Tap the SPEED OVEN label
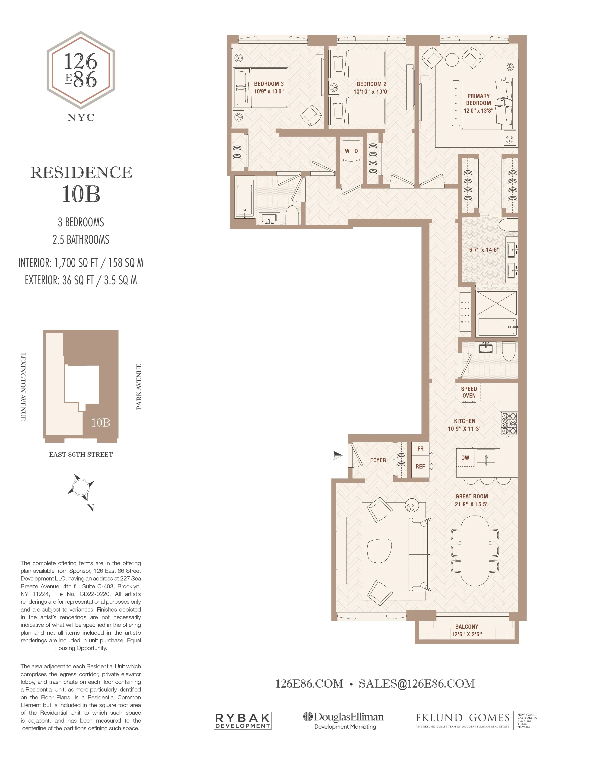pyautogui.click(x=469, y=392)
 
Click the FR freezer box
pyautogui.click(x=420, y=449)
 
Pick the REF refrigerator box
pyautogui.click(x=420, y=467)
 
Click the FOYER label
pyautogui.click(x=378, y=460)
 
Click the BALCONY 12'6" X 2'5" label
pyautogui.click(x=466, y=631)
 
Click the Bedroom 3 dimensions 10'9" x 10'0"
pyautogui.click(x=269, y=91)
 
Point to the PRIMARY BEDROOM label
pyautogui.click(x=478, y=99)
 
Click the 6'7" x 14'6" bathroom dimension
pyautogui.click(x=484, y=250)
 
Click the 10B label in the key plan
pyautogui.click(x=101, y=423)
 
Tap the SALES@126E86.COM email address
pyautogui.click(x=417, y=684)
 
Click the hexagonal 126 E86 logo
pyautogui.click(x=81, y=70)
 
